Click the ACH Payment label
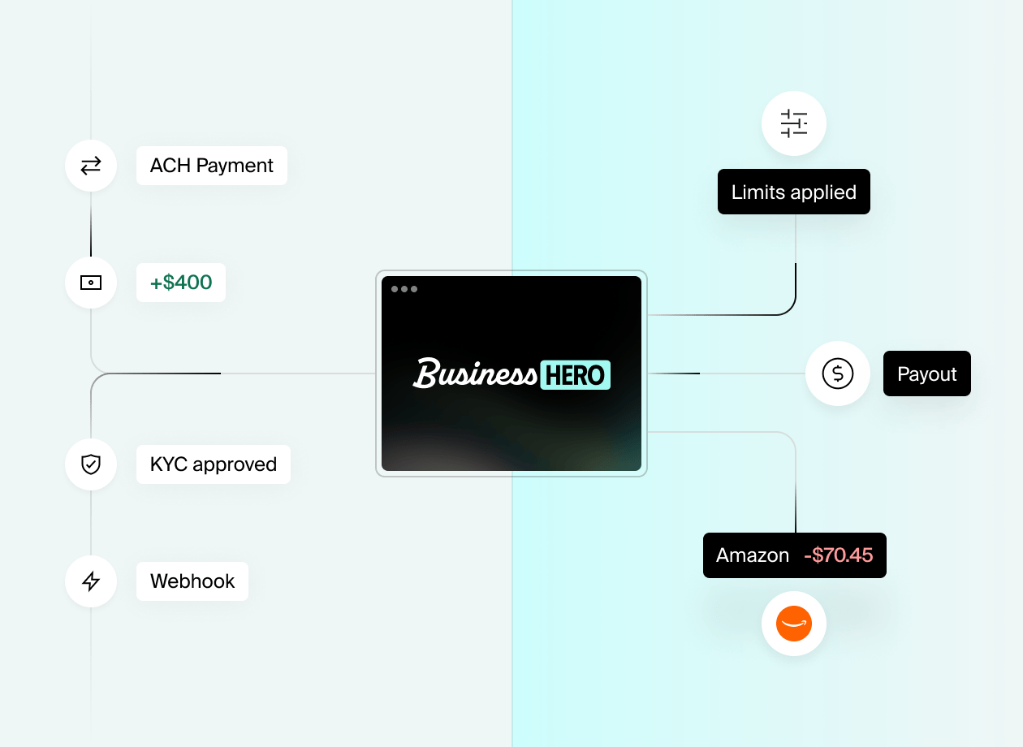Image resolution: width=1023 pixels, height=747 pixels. tap(211, 166)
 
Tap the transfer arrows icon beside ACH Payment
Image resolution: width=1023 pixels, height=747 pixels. tap(91, 166)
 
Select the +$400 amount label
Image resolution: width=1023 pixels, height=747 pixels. tap(181, 283)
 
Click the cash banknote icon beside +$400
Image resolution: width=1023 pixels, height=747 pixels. tap(91, 283)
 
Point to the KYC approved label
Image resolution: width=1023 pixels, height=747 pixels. tap(214, 464)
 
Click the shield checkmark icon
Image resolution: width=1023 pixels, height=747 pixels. tap(91, 464)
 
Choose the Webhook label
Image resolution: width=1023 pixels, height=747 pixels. tap(192, 581)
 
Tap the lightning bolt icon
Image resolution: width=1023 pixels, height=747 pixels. tap(91, 581)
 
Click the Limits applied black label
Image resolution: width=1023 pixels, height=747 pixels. tap(793, 192)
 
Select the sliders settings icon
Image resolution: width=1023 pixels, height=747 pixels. tap(794, 123)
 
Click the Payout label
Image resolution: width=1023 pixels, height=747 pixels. tap(926, 374)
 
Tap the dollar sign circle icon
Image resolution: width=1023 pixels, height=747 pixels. tap(838, 373)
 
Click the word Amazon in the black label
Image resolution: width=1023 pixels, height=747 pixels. tap(752, 555)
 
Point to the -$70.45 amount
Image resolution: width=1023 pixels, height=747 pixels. tap(838, 555)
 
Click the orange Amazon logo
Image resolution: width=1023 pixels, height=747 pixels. tap(794, 624)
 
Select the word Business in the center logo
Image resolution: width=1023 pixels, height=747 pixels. tap(474, 374)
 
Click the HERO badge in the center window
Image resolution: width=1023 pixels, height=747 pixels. tap(575, 375)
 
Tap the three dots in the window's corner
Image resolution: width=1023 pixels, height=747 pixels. tap(404, 289)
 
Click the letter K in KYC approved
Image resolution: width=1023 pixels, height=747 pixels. tap(156, 464)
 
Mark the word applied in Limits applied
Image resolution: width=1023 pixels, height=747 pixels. tap(826, 192)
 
